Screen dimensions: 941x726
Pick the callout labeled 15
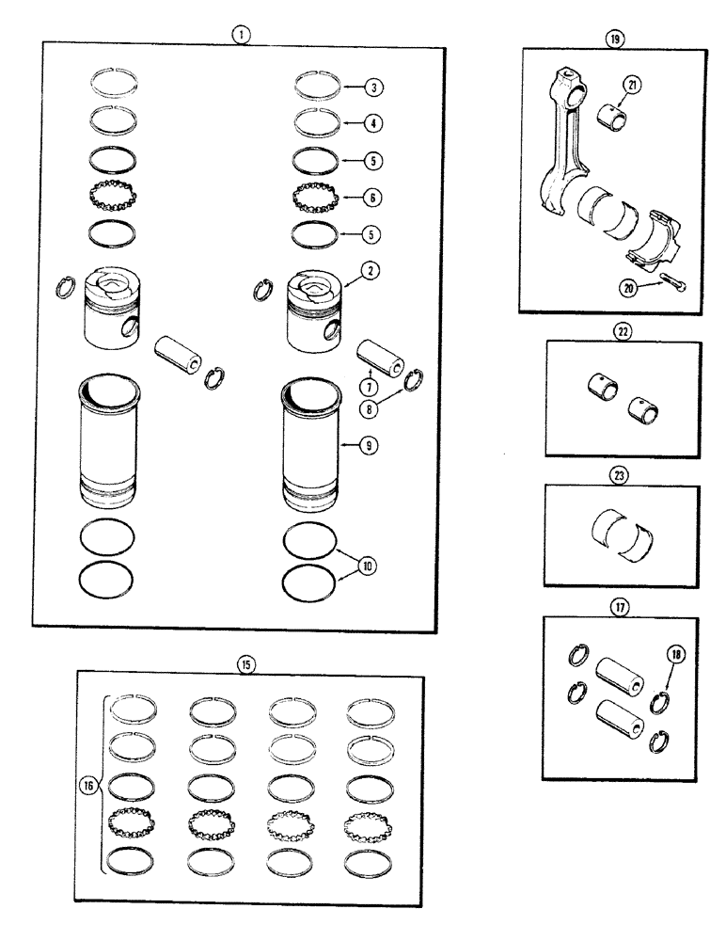coord(245,664)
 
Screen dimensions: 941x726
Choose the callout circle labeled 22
coord(622,331)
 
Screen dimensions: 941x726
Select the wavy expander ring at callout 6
coord(309,197)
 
